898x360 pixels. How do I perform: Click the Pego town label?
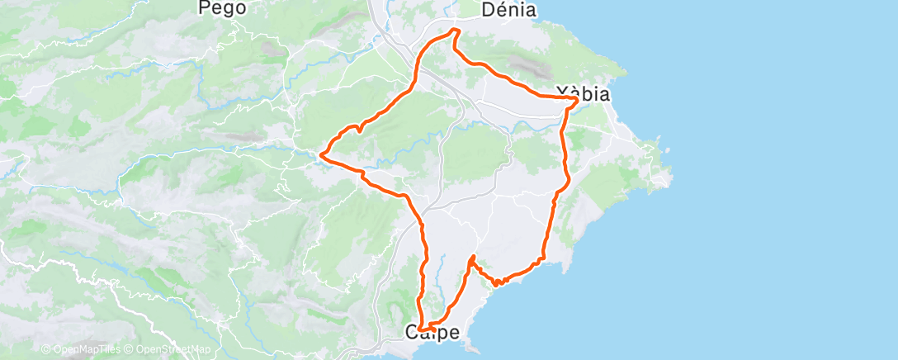click(223, 9)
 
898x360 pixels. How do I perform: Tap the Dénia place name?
click(508, 11)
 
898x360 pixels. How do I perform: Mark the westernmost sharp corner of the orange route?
click(321, 153)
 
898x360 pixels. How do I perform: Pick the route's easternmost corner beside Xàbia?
click(576, 98)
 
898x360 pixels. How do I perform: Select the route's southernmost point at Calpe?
click(425, 329)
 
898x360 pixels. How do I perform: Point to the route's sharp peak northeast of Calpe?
click(470, 258)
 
